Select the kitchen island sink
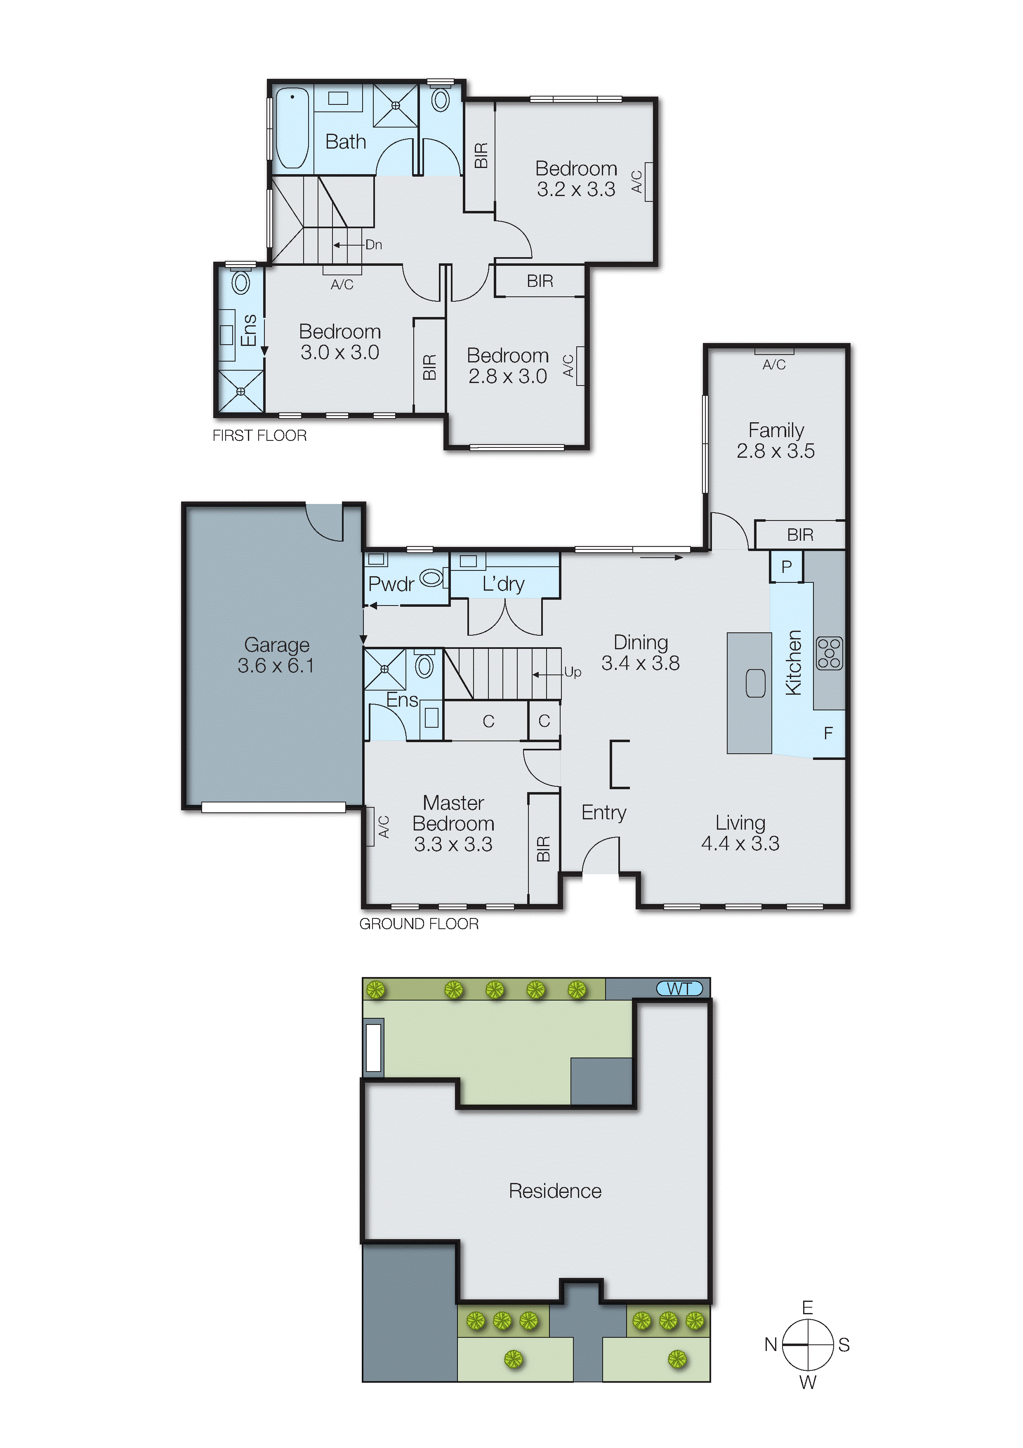coord(755,684)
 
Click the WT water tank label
coord(679,988)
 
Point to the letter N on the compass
coord(770,1344)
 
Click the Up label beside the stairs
coord(572,672)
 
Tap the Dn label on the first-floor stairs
coord(374,245)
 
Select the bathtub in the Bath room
coord(292,128)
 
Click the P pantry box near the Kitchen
coord(786,566)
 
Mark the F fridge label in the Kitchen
coord(828,733)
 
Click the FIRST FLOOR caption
coord(259,436)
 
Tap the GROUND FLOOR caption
coord(419,924)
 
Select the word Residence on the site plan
coord(555,1191)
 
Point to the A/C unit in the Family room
coord(774,351)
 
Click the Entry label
coord(603,812)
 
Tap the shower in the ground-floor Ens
coord(384,669)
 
